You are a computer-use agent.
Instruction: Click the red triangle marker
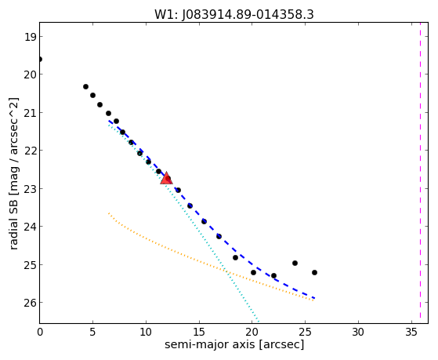pos(166,179)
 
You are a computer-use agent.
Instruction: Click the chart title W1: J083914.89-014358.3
pos(234,15)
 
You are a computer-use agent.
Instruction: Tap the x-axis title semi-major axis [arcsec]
pos(234,344)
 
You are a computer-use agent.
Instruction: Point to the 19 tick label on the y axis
pos(30,37)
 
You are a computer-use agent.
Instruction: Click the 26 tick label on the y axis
pos(30,303)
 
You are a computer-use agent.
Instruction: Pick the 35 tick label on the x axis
pos(411,332)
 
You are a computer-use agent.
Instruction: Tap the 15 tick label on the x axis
pos(199,332)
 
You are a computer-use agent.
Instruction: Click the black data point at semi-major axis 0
pos(40,59)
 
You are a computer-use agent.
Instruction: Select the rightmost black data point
pos(314,272)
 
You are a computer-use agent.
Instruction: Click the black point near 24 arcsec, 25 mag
pos(295,263)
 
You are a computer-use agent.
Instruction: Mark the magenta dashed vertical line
pos(420,173)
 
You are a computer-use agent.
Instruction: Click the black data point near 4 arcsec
pos(85,87)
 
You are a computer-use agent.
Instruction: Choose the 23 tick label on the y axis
pos(30,189)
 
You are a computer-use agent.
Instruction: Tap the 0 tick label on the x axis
pos(40,332)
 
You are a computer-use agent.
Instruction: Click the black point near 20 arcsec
pos(253,272)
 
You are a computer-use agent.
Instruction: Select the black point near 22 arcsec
pos(273,275)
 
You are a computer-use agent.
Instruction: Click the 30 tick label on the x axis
pos(358,332)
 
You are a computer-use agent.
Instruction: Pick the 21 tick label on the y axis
pos(30,113)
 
